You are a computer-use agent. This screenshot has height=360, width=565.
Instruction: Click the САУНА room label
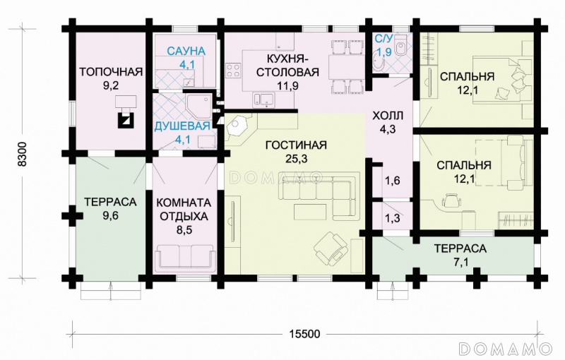(x=186, y=51)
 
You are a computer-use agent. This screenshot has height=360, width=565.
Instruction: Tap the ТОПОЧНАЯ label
(x=111, y=71)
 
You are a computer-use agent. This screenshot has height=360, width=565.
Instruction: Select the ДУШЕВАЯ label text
(x=182, y=126)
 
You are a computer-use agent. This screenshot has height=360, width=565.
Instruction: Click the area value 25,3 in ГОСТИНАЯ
(x=297, y=159)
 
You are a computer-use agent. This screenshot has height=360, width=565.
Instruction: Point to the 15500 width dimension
(x=304, y=334)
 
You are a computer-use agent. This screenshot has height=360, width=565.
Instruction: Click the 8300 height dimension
(x=23, y=154)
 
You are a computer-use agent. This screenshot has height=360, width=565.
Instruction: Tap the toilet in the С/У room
(x=400, y=45)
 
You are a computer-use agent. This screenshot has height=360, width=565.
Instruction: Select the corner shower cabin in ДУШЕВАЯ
(x=198, y=106)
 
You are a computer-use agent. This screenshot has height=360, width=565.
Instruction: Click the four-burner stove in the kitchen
(x=233, y=70)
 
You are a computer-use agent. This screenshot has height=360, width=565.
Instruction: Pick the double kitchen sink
(x=263, y=100)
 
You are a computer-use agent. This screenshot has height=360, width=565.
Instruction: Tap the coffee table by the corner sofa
(x=310, y=212)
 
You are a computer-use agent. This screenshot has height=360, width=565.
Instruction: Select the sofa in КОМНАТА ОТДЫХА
(x=185, y=257)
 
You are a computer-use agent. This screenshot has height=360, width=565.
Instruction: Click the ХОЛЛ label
(x=388, y=116)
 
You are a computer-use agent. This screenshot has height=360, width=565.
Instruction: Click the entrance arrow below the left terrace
(x=111, y=291)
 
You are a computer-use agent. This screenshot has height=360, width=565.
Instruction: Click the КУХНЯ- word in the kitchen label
(x=288, y=58)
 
